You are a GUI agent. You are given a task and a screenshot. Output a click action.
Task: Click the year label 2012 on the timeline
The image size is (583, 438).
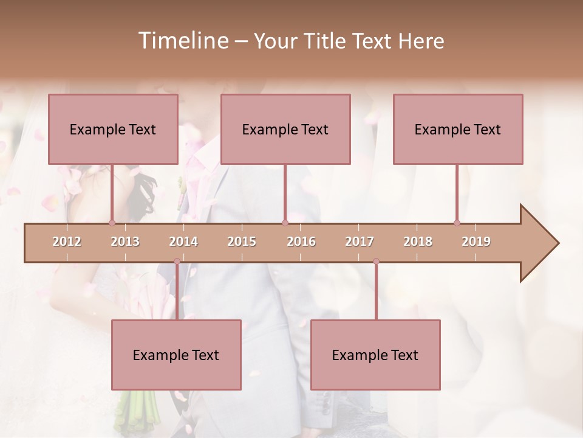67,242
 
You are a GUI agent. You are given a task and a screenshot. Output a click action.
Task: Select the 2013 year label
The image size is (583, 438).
125,242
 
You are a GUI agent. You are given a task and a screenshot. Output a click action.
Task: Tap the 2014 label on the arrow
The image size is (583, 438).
183,242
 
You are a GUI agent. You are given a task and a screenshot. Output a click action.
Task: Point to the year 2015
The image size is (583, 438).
242,242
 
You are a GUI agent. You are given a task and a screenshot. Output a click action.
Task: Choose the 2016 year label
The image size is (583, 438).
301,242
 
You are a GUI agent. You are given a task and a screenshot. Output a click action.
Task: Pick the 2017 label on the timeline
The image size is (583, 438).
360,242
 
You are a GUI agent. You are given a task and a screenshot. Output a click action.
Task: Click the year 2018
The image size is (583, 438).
418,242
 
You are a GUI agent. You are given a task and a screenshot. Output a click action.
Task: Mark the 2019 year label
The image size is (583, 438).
476,242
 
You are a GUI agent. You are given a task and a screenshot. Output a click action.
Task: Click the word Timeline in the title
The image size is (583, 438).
182,41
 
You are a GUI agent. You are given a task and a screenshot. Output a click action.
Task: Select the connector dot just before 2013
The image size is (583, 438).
112,223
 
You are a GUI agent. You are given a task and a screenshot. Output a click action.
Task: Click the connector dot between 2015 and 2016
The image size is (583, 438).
285,223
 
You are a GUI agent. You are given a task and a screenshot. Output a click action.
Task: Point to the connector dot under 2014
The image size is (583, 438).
177,262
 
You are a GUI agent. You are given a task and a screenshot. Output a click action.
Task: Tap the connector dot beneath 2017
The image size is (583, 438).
376,262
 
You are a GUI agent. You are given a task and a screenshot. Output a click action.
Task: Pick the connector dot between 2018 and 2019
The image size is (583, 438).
457,223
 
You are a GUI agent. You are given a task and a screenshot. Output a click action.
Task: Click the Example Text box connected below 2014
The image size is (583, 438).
176,355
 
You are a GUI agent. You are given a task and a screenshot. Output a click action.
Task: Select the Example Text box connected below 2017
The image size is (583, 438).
375,355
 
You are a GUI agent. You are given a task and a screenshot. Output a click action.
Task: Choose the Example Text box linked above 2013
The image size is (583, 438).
113,129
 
